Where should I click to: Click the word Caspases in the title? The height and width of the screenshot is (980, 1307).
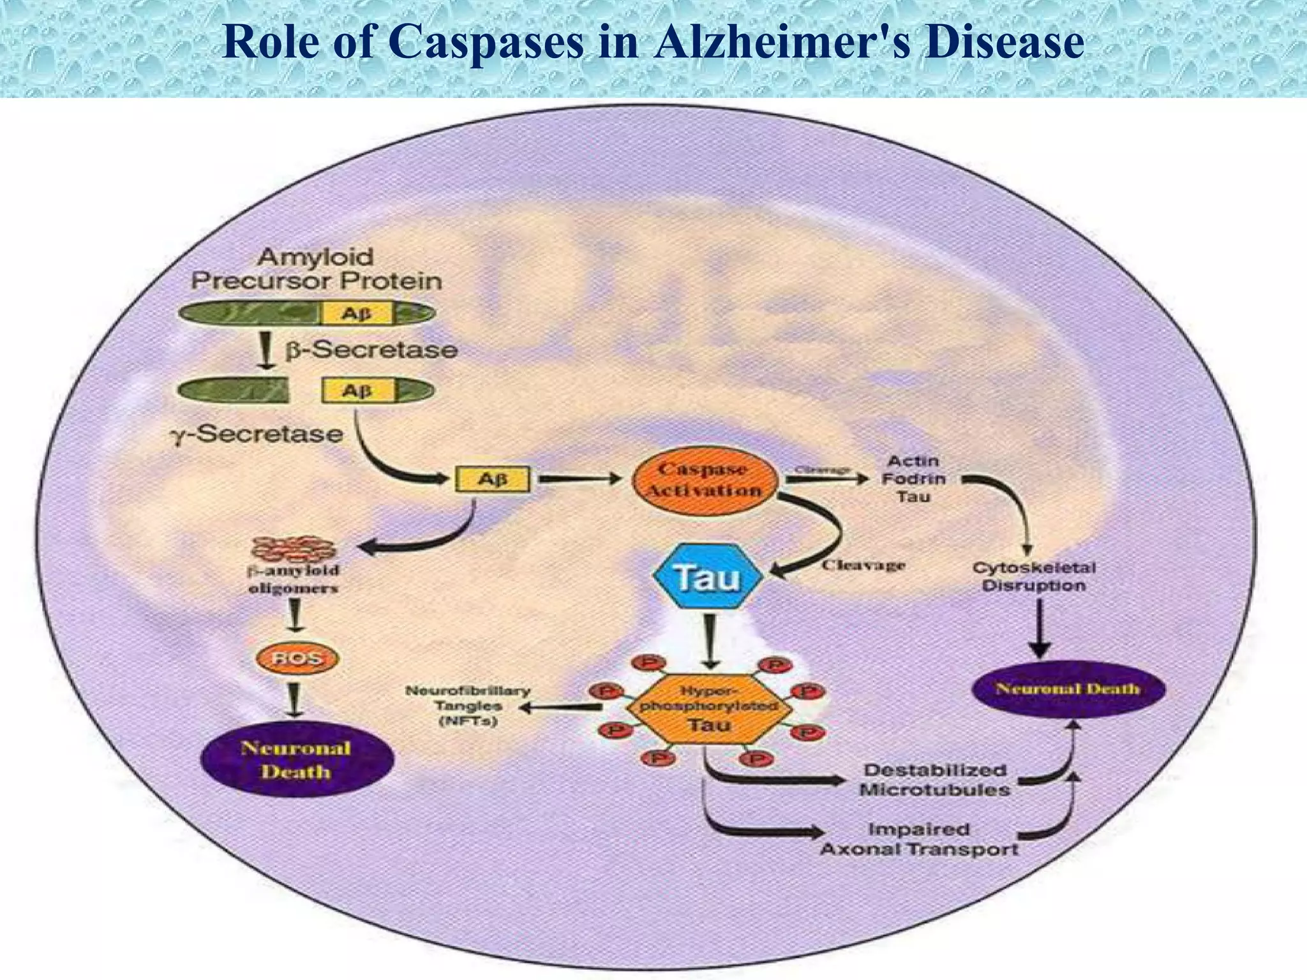click(485, 42)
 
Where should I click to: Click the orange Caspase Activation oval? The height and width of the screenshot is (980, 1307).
click(705, 480)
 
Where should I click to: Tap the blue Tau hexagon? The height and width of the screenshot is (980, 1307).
click(707, 577)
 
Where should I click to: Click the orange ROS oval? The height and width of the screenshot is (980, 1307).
click(297, 658)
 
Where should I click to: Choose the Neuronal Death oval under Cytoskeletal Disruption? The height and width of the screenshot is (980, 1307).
click(1068, 689)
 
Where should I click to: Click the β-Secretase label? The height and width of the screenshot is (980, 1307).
click(371, 350)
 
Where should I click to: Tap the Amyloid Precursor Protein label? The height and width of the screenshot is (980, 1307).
click(316, 269)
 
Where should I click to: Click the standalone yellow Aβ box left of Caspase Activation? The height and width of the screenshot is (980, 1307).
click(492, 480)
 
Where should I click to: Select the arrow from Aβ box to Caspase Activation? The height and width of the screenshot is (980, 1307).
click(578, 479)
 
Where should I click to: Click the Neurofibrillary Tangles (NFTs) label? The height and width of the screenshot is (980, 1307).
click(468, 706)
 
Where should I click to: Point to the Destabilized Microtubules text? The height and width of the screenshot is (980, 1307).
click(935, 780)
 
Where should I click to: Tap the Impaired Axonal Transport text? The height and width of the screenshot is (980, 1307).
click(919, 840)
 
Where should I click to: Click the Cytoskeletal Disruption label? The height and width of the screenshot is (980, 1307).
click(1033, 577)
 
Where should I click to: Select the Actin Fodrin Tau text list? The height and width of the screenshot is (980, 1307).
click(913, 479)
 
